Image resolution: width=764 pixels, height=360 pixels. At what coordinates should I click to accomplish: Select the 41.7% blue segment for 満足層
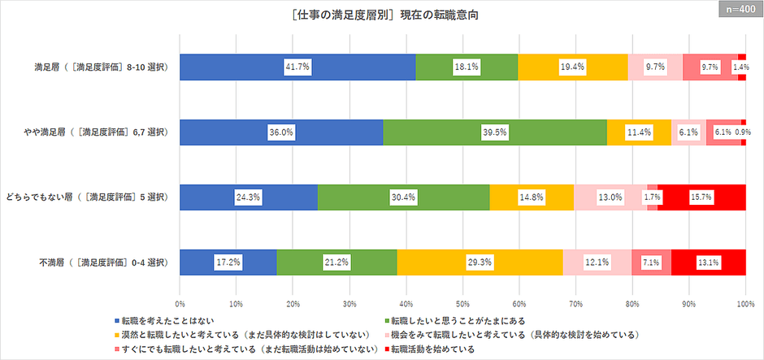[x=297, y=67]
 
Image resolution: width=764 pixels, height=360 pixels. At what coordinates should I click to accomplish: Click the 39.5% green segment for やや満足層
[x=495, y=132]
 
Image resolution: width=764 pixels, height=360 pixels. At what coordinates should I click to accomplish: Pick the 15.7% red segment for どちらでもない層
[x=701, y=197]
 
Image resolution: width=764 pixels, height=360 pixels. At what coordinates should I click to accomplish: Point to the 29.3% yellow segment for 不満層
[x=480, y=262]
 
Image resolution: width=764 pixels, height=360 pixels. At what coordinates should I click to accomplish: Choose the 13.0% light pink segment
[x=610, y=197]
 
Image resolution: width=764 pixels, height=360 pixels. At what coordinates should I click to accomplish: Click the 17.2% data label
[x=228, y=262]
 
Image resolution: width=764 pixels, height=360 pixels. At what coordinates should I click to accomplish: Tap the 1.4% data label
[x=741, y=67]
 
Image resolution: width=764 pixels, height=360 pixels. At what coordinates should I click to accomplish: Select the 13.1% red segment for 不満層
[x=708, y=262]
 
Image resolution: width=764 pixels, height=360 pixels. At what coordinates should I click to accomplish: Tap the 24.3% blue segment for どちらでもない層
[x=249, y=197]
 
